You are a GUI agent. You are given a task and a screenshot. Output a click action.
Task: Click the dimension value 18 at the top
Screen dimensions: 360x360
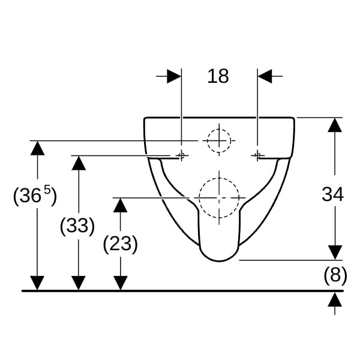pyautogui.click(x=218, y=76)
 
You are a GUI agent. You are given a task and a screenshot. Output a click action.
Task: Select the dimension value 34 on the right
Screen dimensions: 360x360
pyautogui.click(x=332, y=194)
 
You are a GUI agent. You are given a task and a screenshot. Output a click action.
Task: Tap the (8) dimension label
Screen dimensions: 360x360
pyautogui.click(x=335, y=275)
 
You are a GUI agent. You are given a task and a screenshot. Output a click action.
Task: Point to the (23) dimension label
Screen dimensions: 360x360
pyautogui.click(x=121, y=244)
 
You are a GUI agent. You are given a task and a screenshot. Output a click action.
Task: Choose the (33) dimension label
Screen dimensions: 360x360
pyautogui.click(x=77, y=226)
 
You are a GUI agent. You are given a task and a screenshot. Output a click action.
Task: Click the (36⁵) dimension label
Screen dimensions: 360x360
pyautogui.click(x=35, y=195)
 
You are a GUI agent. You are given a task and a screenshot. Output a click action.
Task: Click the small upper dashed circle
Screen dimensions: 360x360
pyautogui.click(x=219, y=140)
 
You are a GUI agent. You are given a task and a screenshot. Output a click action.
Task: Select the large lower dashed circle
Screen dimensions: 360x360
pyautogui.click(x=219, y=197)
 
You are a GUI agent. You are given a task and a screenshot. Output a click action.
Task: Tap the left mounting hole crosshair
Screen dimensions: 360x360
pyautogui.click(x=181, y=155)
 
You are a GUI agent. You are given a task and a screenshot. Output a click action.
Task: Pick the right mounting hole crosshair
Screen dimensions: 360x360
pyautogui.click(x=257, y=155)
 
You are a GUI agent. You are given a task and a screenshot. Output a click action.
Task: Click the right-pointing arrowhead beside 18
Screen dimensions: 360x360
pyautogui.click(x=174, y=76)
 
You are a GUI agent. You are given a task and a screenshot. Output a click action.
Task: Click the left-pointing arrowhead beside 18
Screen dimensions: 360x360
pyautogui.click(x=265, y=76)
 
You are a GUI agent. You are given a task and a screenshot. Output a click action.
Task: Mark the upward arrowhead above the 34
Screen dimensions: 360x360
pyautogui.click(x=335, y=125)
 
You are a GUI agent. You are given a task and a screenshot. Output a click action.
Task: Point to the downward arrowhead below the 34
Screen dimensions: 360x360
pyautogui.click(x=335, y=253)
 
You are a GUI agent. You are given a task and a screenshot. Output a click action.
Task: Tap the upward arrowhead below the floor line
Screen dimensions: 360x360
pyautogui.click(x=335, y=299)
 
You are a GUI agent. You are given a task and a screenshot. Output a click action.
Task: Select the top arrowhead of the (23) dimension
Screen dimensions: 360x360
pyautogui.click(x=121, y=205)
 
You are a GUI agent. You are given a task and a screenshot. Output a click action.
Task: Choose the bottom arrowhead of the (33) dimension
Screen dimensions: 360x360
pyautogui.click(x=79, y=283)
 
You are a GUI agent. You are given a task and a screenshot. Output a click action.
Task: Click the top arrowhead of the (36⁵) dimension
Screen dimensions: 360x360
pyautogui.click(x=37, y=148)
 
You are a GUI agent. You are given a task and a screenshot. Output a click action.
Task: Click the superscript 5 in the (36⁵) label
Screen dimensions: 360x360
pyautogui.click(x=47, y=190)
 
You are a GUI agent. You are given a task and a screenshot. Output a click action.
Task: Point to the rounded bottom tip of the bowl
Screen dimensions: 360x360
pyautogui.click(x=219, y=261)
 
